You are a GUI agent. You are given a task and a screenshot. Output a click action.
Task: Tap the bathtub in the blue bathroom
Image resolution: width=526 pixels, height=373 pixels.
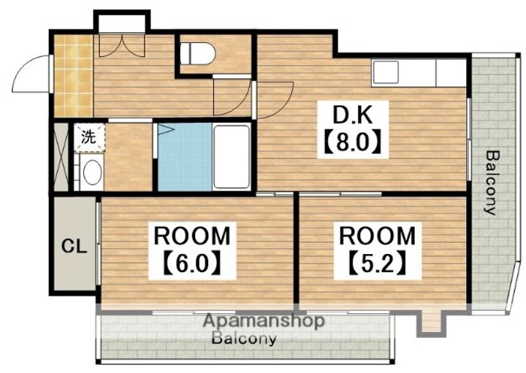coord(232,156)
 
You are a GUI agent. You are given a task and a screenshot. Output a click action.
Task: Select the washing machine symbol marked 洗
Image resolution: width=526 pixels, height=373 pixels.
coord(89,138)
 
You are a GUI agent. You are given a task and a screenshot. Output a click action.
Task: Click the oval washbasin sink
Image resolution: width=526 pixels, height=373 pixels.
coord(92,172)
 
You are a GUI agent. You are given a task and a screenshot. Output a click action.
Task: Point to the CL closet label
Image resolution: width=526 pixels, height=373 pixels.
coord(74,247)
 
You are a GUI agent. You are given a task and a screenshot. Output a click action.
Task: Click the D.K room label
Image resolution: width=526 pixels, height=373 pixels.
coord(352,115)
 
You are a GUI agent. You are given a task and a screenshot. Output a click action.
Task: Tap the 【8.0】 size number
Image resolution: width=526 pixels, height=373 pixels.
coord(353,143)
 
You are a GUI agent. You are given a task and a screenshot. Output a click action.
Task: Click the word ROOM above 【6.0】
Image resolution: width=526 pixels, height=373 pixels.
coord(192,236)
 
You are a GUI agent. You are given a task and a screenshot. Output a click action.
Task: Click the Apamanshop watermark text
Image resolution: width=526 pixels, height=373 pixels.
coord(264,321)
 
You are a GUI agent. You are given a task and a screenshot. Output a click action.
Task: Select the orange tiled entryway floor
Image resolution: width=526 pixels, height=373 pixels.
coord(74,76)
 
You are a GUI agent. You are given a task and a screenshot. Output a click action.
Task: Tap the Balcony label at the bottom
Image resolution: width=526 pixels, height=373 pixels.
coord(245,339)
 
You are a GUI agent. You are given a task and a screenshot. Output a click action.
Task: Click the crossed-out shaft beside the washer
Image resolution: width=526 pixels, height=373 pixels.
coord(61,157)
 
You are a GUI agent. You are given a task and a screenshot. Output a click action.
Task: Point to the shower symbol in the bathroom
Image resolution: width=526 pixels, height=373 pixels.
coord(164,129)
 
